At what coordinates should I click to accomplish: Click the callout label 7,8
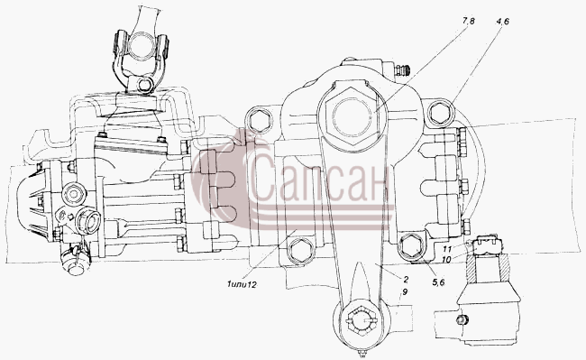(x=468, y=22)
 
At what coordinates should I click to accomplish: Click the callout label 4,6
(x=502, y=22)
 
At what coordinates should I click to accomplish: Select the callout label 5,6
(x=438, y=283)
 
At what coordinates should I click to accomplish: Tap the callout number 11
(x=448, y=249)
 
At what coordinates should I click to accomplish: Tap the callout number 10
(x=446, y=258)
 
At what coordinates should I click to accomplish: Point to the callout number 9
(x=406, y=291)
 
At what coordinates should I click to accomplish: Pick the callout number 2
(x=406, y=279)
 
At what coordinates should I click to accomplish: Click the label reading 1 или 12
(x=242, y=284)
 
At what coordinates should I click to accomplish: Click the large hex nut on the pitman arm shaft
(x=352, y=116)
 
